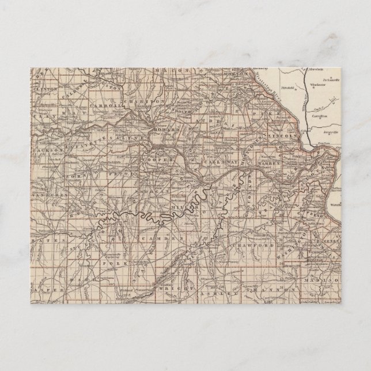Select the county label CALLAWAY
(215, 162)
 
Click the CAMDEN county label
(152, 237)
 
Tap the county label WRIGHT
(171, 285)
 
